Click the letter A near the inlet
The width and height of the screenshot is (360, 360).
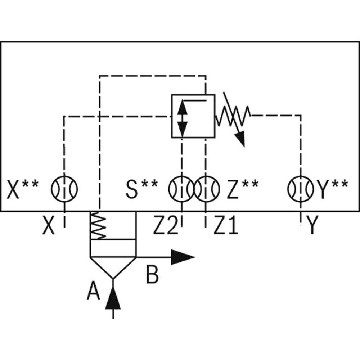pos(93,292)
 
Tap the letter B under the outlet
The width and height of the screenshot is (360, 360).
pos(152,274)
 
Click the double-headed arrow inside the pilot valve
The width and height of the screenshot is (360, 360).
pos(183,116)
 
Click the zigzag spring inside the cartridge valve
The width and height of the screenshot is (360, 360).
pos(98,226)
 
